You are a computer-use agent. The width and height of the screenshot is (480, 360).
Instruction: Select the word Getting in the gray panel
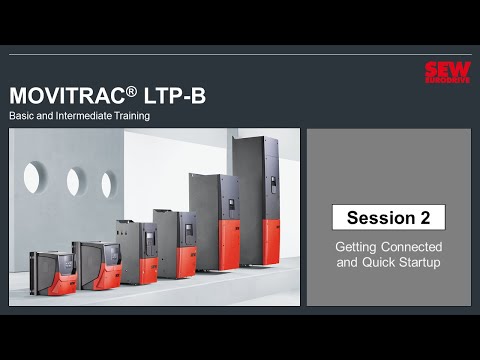(357, 246)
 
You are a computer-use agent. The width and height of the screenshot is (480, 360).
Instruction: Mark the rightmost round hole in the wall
(107, 185)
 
